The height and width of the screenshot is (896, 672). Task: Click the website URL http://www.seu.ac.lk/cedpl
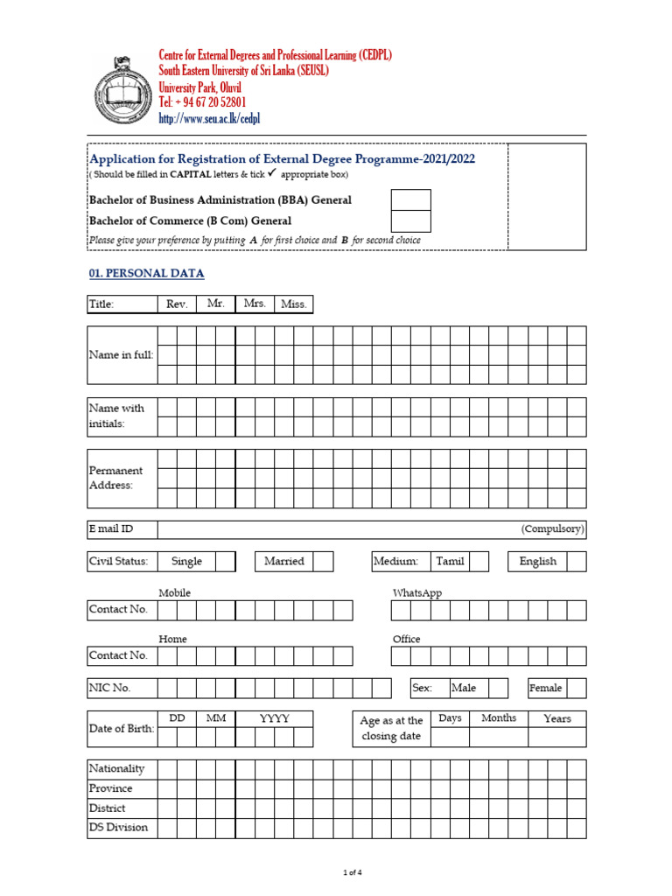pos(209,118)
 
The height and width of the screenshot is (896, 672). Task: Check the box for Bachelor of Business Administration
pos(410,199)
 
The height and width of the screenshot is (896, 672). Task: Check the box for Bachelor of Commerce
pos(410,221)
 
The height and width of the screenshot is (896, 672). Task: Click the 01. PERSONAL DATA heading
pos(146,274)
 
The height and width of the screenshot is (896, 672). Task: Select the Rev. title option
pos(177,304)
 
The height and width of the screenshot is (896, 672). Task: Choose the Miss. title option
pos(293,304)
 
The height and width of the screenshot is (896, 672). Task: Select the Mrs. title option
pos(255,304)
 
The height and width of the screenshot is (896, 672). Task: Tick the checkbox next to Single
pos(226,562)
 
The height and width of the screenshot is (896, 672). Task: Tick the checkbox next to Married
pos(323,562)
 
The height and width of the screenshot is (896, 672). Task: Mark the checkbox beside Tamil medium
pos(479,562)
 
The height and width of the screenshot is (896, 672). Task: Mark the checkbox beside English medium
pos(576,562)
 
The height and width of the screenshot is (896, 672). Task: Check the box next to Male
pos(498,688)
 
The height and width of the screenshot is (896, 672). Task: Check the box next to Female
pos(577,688)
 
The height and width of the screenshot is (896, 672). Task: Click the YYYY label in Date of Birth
pos(274,718)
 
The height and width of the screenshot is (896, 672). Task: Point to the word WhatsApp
pos(417,593)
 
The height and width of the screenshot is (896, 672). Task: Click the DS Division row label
pos(119,828)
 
